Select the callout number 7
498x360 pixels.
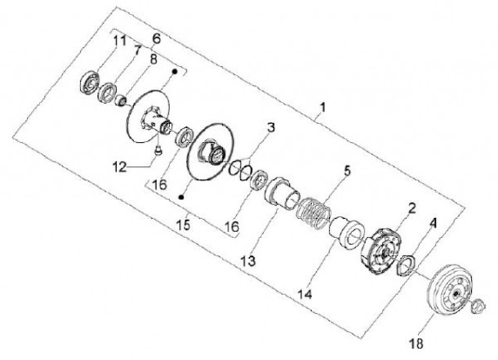138,50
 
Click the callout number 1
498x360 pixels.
322,109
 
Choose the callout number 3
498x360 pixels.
270,128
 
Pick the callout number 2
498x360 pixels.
412,206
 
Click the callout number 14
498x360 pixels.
306,294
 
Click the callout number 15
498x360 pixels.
183,226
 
